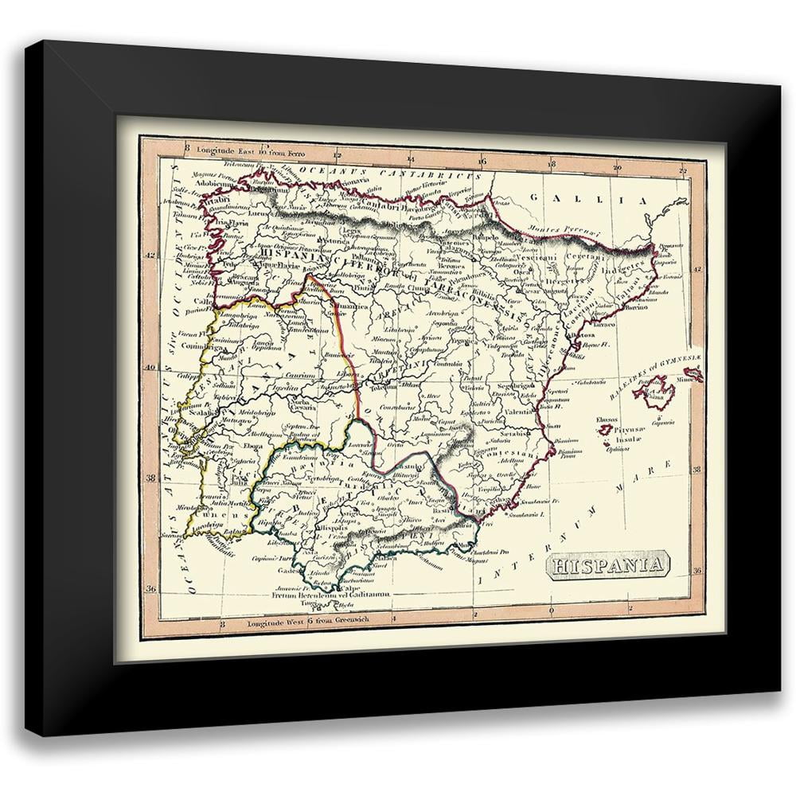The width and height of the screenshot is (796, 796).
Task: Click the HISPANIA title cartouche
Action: (606, 566)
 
